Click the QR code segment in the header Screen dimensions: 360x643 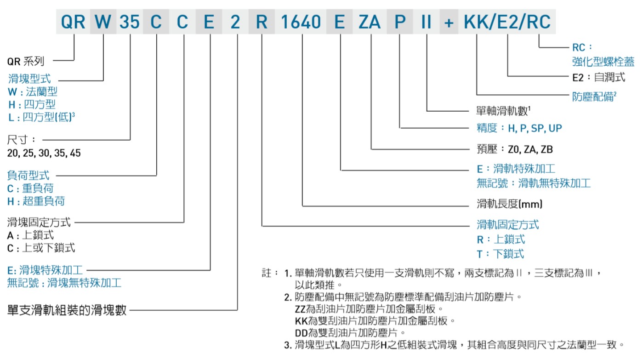tap(73, 22)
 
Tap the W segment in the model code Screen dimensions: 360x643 tap(103, 22)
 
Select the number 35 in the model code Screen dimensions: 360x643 tap(129, 22)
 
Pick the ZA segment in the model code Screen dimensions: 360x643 tap(370, 22)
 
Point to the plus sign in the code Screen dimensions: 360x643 tap(448, 22)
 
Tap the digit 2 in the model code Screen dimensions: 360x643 tap(235, 22)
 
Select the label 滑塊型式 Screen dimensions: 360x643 tap(29, 79)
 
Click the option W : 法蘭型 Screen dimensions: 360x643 tap(33, 91)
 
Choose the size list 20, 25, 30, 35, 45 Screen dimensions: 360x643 tap(44, 153)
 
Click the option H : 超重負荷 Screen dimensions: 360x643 tap(36, 201)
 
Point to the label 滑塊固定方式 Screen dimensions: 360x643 tap(39, 223)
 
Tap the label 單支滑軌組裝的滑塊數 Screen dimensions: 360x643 tap(67, 310)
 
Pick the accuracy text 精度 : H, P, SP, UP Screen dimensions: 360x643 tap(519, 128)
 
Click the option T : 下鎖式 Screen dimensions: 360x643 tap(500, 254)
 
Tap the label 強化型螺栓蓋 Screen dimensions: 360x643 tap(603, 61)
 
